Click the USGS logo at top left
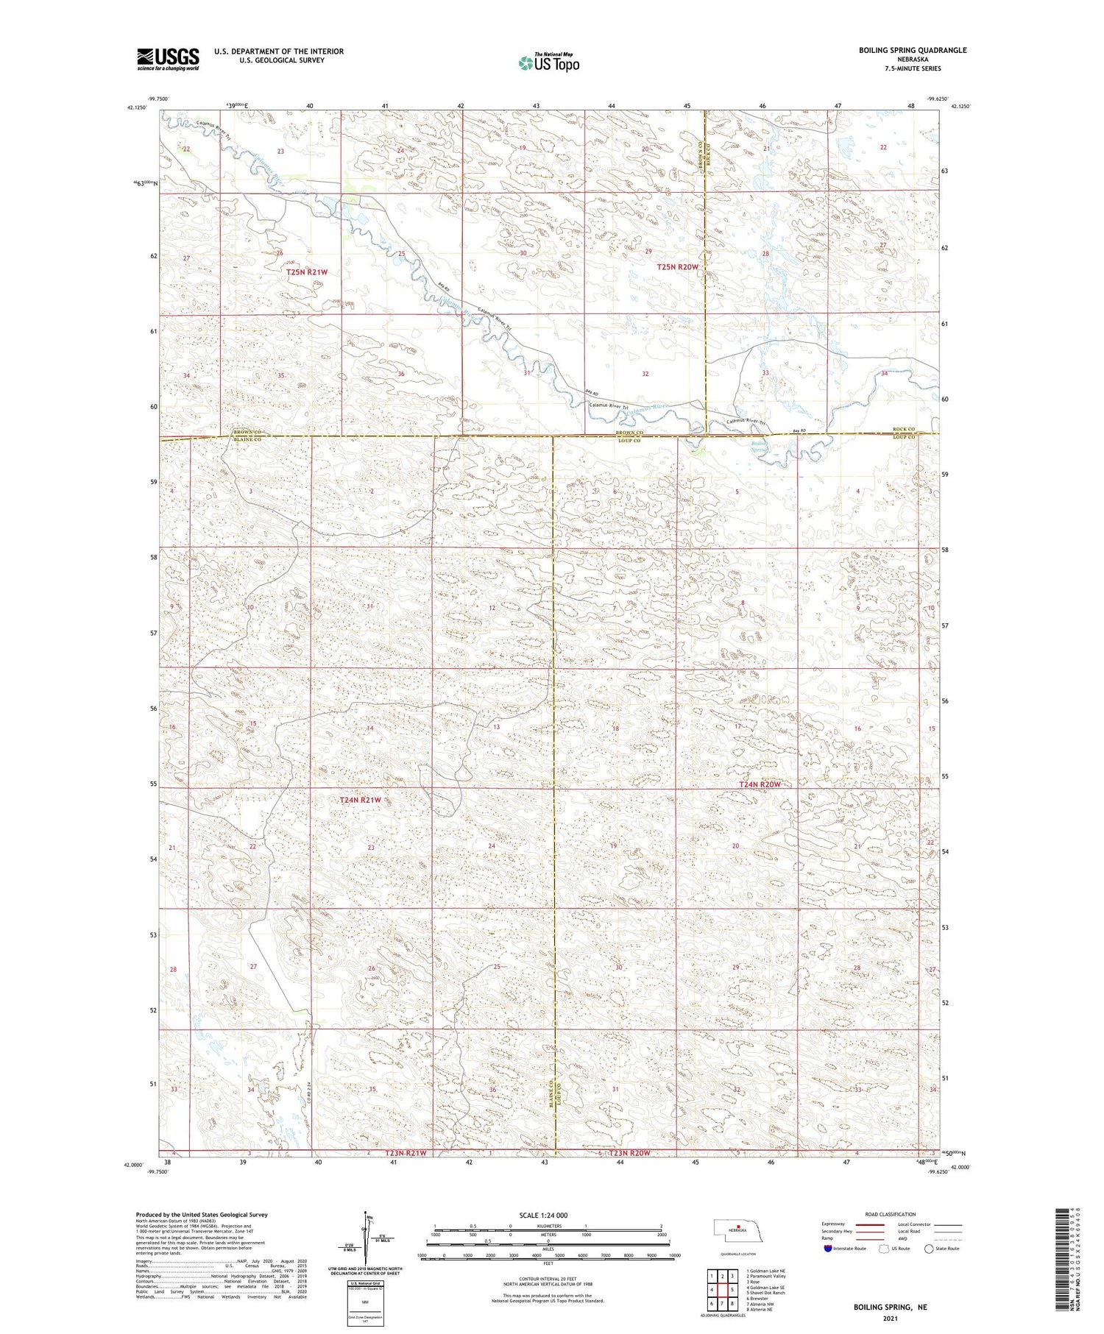coord(168,59)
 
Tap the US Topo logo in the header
coord(548,63)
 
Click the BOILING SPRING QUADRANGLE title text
coord(902,50)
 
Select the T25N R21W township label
coord(307,272)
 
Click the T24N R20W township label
coord(759,785)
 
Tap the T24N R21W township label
coord(361,800)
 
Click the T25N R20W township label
coord(676,267)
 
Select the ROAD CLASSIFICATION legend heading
coord(891,1214)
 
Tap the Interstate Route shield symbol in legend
coord(828,1248)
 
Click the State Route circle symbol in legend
coord(930,1248)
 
